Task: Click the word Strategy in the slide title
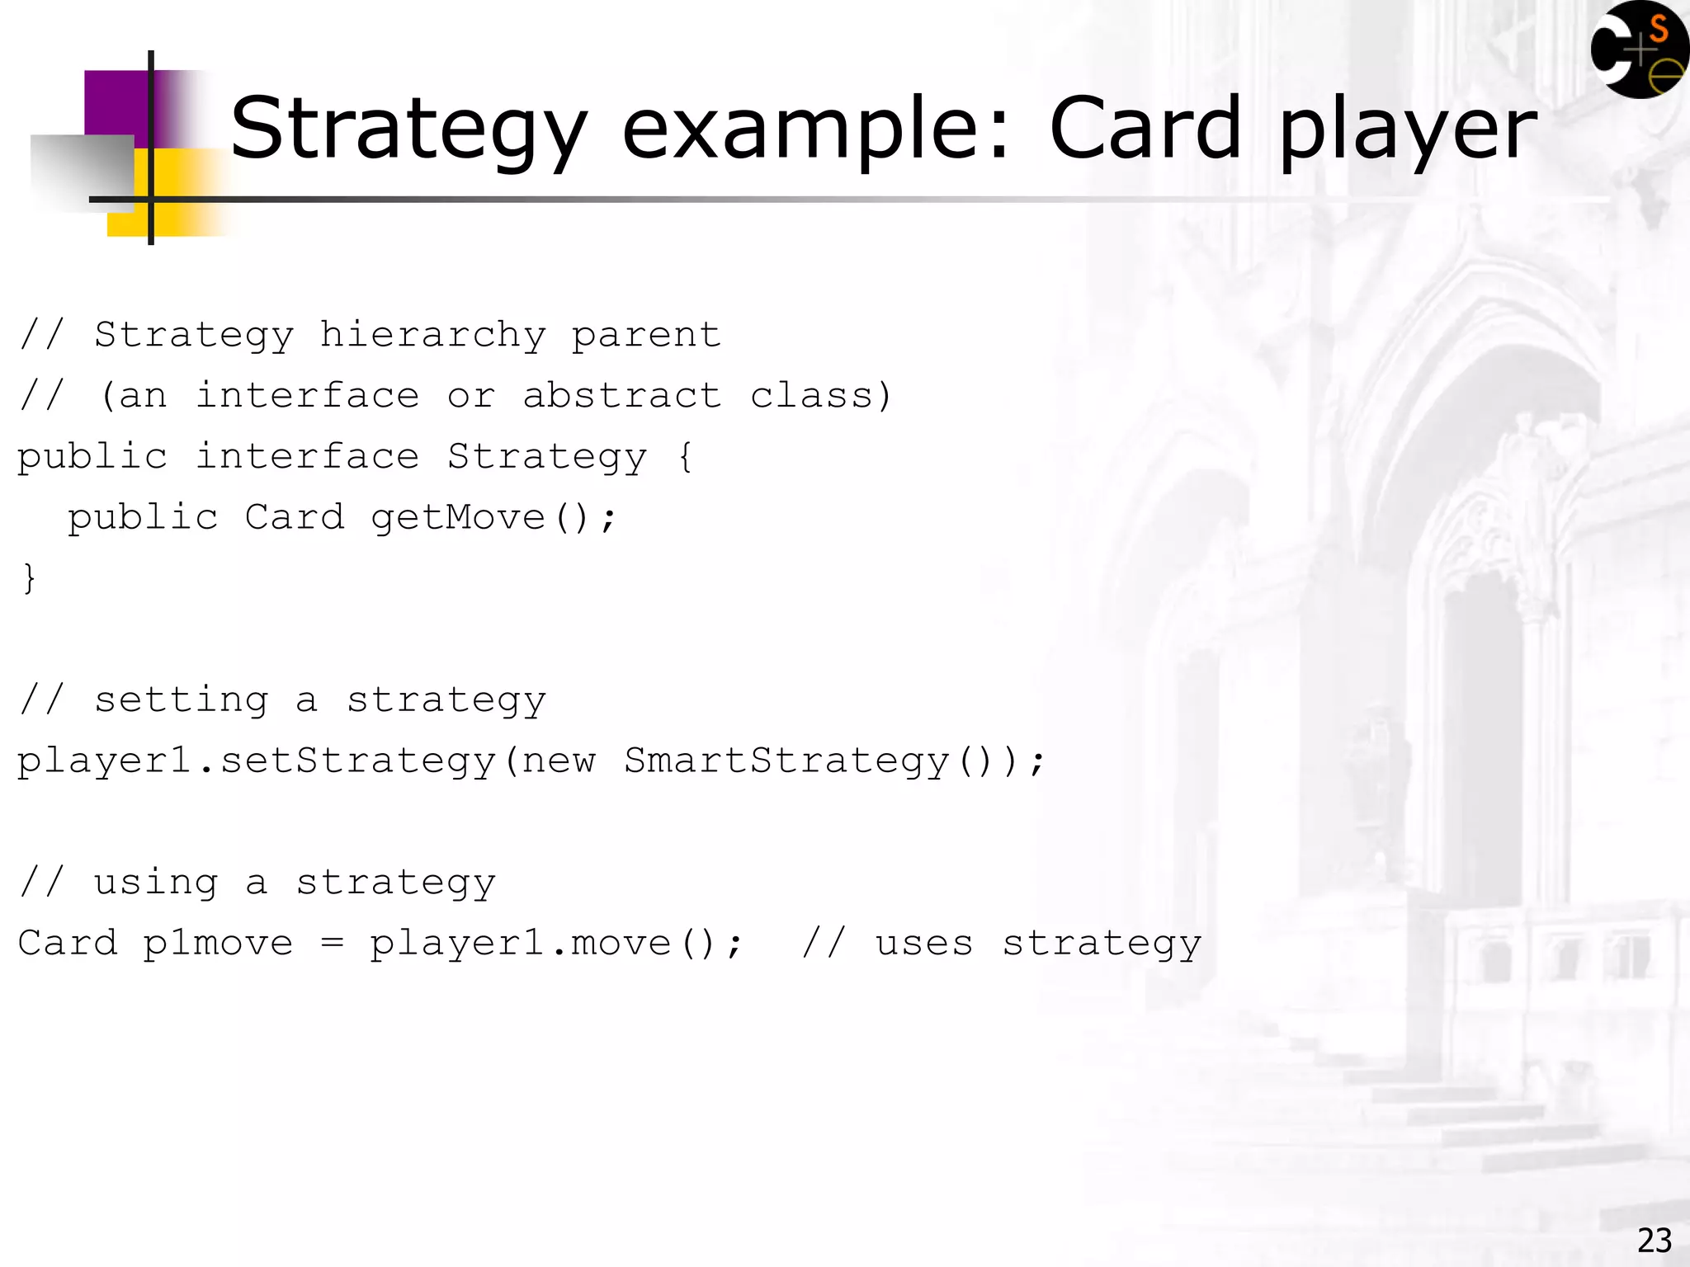[x=408, y=130]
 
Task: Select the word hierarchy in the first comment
[x=432, y=336]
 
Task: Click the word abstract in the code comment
[x=622, y=396]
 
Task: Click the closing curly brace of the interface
[x=29, y=577]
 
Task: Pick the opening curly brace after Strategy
[x=685, y=457]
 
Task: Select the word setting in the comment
[x=182, y=700]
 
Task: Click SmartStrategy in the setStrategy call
[x=786, y=761]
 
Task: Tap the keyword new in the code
[x=559, y=761]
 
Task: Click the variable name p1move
[x=218, y=944]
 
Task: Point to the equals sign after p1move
[x=332, y=944]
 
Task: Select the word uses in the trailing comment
[x=924, y=944]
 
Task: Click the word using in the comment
[x=156, y=883]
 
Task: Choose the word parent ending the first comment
[x=646, y=336]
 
